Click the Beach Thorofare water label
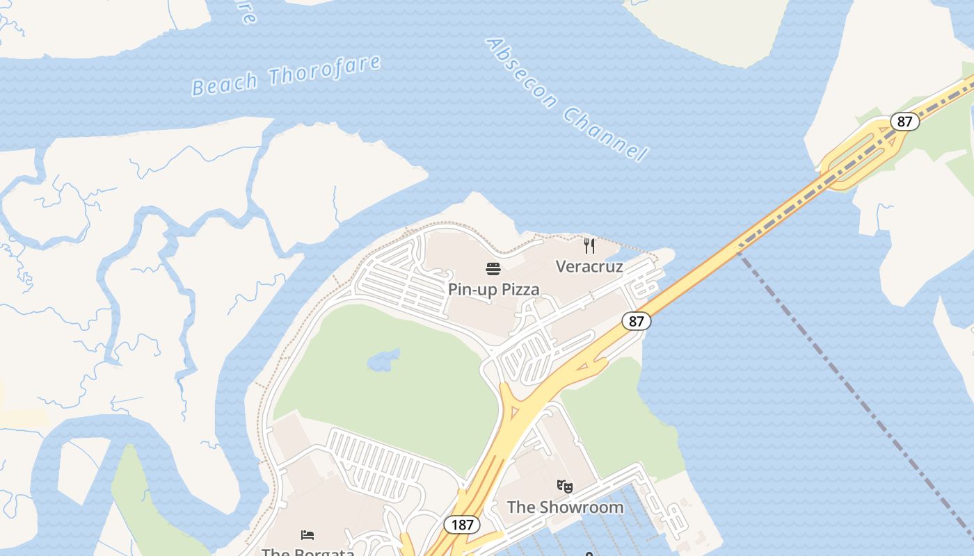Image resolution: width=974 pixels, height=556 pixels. [287, 75]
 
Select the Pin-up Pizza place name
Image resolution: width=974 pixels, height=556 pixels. [493, 289]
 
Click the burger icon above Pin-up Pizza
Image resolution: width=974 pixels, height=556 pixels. [493, 269]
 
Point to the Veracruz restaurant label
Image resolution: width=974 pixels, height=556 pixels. [589, 266]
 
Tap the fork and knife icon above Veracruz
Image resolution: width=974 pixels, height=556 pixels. [589, 245]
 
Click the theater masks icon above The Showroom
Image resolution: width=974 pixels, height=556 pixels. [565, 486]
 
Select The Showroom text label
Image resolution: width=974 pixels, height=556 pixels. [565, 507]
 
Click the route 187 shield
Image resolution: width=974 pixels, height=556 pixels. [461, 525]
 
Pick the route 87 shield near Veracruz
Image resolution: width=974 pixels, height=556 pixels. [636, 320]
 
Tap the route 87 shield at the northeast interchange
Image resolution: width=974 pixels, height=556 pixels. [904, 122]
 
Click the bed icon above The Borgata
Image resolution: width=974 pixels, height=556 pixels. [308, 534]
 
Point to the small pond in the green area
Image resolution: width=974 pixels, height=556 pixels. [383, 360]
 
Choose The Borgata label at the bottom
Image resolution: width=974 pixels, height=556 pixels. [308, 552]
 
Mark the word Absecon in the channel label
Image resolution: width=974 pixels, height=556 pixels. [521, 72]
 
